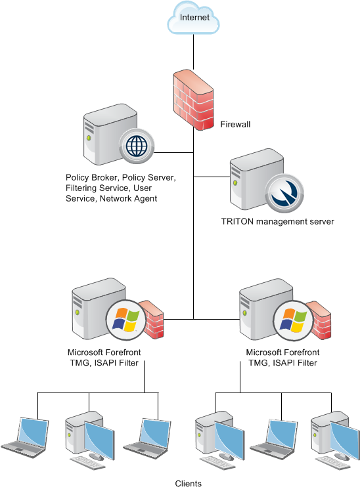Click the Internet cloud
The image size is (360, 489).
[x=193, y=18]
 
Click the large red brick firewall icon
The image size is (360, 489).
[x=194, y=100]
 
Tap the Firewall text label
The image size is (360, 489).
[x=235, y=125]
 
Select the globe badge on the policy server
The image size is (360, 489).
[x=137, y=146]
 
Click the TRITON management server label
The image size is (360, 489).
[x=278, y=222]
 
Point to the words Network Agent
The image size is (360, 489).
[x=128, y=199]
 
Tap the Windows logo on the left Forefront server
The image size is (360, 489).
[x=126, y=320]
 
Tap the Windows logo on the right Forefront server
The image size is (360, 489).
[x=293, y=320]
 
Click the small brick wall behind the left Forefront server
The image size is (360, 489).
[x=153, y=319]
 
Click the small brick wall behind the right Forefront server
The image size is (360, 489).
[x=321, y=320]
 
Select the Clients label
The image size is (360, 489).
[x=189, y=484]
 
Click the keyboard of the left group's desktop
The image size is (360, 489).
[x=88, y=463]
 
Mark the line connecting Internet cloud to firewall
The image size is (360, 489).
[x=193, y=52]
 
